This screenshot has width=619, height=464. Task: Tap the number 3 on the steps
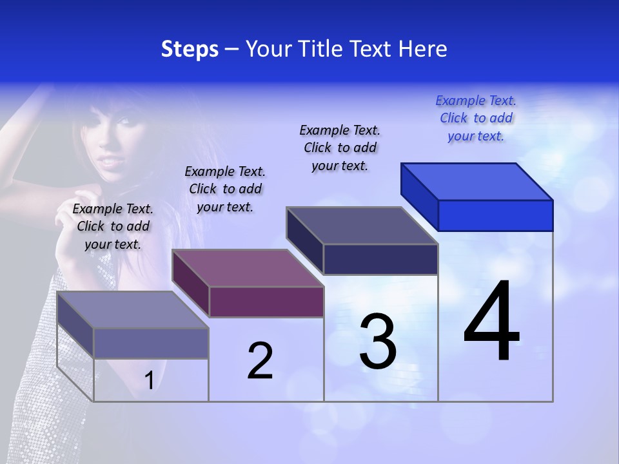[x=378, y=342]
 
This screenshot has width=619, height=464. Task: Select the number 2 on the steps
[x=260, y=360]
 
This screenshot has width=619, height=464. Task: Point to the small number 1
[x=149, y=381]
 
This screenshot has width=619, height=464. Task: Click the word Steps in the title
[x=190, y=49]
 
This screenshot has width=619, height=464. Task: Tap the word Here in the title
[x=423, y=49]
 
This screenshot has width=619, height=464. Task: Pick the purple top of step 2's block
[x=248, y=267]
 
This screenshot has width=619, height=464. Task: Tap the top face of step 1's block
[x=133, y=310]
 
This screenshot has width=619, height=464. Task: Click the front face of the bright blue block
[x=495, y=215]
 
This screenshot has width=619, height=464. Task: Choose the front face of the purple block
[x=266, y=302]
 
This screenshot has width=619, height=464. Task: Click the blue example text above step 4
[x=476, y=118]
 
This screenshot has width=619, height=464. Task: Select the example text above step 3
[x=340, y=148]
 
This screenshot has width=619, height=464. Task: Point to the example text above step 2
[x=225, y=189]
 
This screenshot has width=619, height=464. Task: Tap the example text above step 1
[x=113, y=226]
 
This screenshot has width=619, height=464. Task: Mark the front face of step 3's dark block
[x=380, y=259]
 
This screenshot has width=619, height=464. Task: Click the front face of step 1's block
[x=151, y=343]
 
